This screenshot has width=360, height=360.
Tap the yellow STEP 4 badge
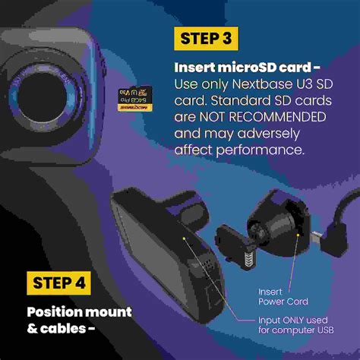58,284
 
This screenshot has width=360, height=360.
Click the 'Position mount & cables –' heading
78,320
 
